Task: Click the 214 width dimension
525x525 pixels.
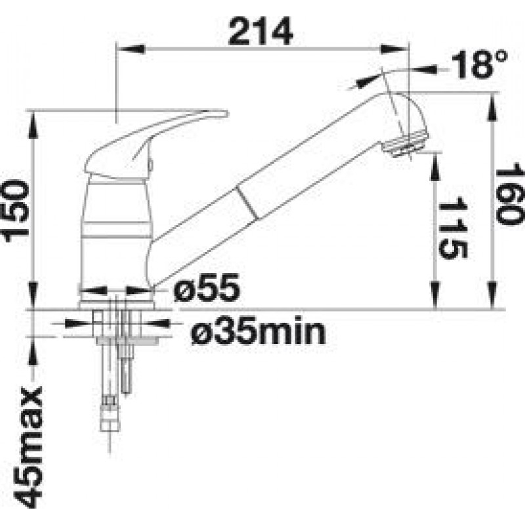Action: [x=260, y=31]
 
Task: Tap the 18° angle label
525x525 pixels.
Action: [x=479, y=64]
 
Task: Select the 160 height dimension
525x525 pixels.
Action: [x=510, y=194]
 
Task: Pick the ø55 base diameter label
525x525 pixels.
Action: [x=207, y=287]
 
